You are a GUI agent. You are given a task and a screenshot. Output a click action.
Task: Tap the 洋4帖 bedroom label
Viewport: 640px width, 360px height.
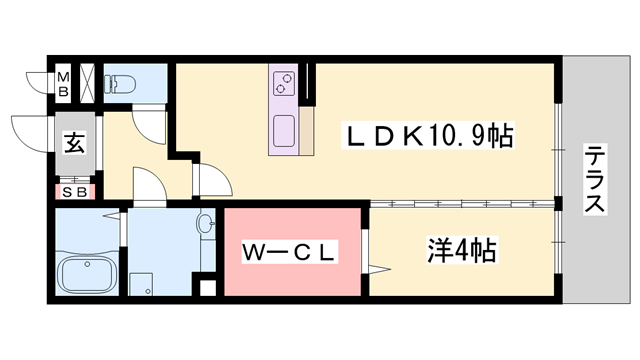(x=461, y=250)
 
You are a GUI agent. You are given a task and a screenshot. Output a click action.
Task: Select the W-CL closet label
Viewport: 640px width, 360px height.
(x=288, y=254)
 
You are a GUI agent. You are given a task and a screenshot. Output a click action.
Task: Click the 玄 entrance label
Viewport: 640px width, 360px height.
(x=74, y=142)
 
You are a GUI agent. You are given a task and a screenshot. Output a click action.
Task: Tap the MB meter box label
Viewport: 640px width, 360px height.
(x=63, y=83)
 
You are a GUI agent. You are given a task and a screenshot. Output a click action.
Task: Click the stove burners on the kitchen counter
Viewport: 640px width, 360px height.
(x=283, y=82)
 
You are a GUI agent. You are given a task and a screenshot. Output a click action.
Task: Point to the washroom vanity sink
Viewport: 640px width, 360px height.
(x=207, y=225)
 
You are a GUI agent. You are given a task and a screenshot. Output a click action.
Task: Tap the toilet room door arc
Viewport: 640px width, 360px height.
(x=150, y=125)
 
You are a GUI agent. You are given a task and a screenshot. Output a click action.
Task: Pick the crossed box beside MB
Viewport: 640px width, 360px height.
(x=87, y=83)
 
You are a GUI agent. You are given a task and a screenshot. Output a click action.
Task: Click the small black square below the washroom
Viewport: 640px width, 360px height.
(x=207, y=289)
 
